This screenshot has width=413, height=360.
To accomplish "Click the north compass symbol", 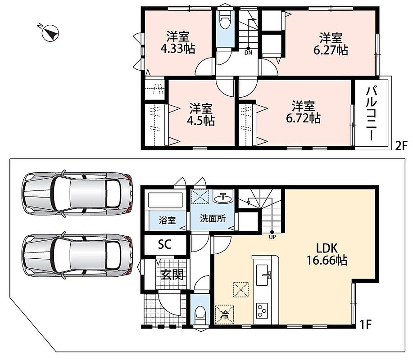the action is pyautogui.click(x=50, y=33).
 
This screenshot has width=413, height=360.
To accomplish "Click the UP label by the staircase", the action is pyautogui.click(x=272, y=237).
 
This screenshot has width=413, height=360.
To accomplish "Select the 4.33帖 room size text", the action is pyautogui.click(x=178, y=49).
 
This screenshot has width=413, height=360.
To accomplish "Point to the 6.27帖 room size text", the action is pyautogui.click(x=331, y=50).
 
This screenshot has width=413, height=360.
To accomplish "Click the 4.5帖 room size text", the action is pyautogui.click(x=201, y=121).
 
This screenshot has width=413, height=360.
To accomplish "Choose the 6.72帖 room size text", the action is pyautogui.click(x=303, y=119).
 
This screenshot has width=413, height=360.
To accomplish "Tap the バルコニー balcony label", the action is pyautogui.click(x=371, y=114).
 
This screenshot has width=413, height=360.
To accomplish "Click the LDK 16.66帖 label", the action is pyautogui.click(x=327, y=254).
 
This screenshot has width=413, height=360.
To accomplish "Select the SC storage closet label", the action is pyautogui.click(x=165, y=244).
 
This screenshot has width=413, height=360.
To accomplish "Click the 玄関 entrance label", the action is pyautogui.click(x=172, y=275).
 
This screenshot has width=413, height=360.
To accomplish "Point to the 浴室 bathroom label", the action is pyautogui.click(x=167, y=220).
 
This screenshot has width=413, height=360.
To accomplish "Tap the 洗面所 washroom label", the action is pyautogui.click(x=213, y=218).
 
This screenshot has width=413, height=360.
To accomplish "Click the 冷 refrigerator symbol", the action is pyautogui.click(x=225, y=314).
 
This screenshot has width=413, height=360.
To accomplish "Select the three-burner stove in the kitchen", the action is pyautogui.click(x=262, y=310).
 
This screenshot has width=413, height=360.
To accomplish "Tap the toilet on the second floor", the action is pyautogui.click(x=225, y=22).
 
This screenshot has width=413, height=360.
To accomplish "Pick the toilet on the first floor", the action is pyautogui.click(x=200, y=314).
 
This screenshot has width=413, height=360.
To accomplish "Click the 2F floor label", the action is pyautogui.click(x=401, y=145).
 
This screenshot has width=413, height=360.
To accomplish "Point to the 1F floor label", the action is pyautogui.click(x=365, y=324).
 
